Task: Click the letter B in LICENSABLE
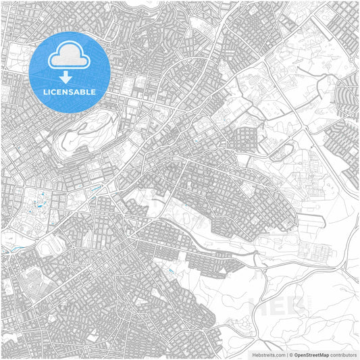82,91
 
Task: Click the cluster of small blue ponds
38,200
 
